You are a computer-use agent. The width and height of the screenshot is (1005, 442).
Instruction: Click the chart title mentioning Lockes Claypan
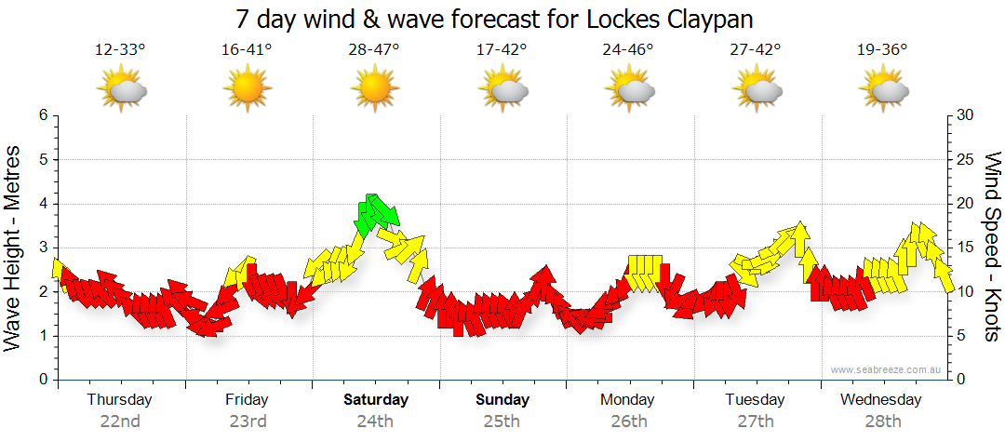pos(494,19)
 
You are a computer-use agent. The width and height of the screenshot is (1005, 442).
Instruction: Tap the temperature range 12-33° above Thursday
pos(120,49)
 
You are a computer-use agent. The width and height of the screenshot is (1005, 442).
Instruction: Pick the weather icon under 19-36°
pos(883,89)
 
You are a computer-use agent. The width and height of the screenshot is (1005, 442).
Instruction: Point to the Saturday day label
pos(375,400)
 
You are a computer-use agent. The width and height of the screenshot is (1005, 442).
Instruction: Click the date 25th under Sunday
pos(502,422)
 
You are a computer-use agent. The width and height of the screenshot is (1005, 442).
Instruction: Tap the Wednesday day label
pos(880,400)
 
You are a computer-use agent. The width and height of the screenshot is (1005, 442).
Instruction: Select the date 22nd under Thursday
pos(120,422)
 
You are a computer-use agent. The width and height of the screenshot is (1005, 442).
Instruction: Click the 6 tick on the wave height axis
pos(42,115)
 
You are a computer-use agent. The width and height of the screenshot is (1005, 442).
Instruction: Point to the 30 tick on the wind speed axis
pos(966,115)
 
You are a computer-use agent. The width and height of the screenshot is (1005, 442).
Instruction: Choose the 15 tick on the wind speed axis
pos(966,248)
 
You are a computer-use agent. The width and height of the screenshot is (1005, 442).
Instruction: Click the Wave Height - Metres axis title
pos(15,248)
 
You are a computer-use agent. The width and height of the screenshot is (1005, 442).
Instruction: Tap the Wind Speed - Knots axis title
pos(991,248)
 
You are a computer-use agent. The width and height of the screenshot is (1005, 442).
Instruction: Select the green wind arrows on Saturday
pos(377,214)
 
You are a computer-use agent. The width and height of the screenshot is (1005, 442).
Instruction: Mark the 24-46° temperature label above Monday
pos(628,49)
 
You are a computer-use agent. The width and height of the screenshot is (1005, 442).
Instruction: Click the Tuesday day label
pos(755,400)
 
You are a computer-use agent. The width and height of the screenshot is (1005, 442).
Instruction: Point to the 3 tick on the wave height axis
pos(42,248)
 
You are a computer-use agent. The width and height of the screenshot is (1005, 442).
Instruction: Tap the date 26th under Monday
pos(628,422)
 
